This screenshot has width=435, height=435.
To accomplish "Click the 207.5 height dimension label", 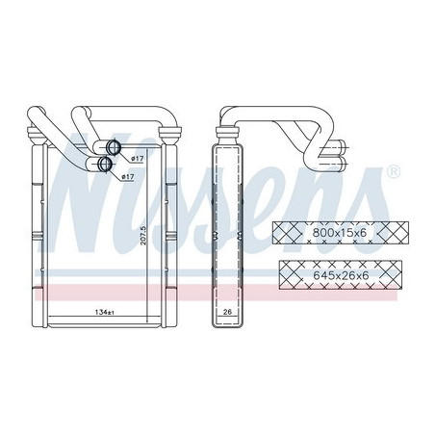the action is pos(143,235).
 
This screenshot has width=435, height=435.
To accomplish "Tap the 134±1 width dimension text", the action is pos(105,312).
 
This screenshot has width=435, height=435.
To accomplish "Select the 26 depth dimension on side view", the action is pos(227,312).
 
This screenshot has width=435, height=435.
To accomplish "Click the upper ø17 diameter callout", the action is pos(138,159).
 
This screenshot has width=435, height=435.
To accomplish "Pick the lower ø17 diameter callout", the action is pos(128,176).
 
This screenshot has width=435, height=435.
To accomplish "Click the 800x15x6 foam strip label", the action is pos(339,233).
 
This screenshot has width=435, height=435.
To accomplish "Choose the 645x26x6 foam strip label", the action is pos(341,275).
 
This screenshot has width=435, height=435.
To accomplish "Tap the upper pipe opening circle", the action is pos(113,147).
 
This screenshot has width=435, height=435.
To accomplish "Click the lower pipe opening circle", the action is pos(105,164).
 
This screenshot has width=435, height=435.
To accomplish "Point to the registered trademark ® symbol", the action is pos(395,171).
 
